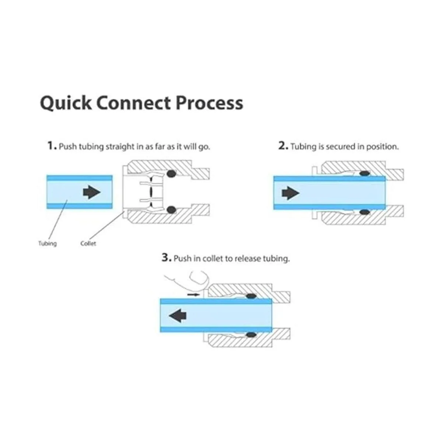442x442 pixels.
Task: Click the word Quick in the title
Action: [x=66, y=104]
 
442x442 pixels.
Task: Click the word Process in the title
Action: [x=209, y=103]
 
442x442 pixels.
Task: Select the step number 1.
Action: [x=52, y=145]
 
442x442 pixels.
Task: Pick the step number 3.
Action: [x=166, y=257]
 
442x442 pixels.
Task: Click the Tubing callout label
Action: [x=48, y=243]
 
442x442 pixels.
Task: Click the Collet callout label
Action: [x=88, y=243]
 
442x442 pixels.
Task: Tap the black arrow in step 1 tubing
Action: [x=92, y=192]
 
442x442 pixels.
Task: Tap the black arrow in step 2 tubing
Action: [x=290, y=193]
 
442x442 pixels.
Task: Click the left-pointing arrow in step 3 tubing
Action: [x=178, y=316]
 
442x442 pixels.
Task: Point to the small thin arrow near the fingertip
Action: [x=194, y=295]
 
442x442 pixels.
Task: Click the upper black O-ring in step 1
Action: [x=171, y=173]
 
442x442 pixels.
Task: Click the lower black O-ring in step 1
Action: [x=171, y=210]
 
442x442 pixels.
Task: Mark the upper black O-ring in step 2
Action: [x=365, y=173]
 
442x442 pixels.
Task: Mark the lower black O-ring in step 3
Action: [x=251, y=335]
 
